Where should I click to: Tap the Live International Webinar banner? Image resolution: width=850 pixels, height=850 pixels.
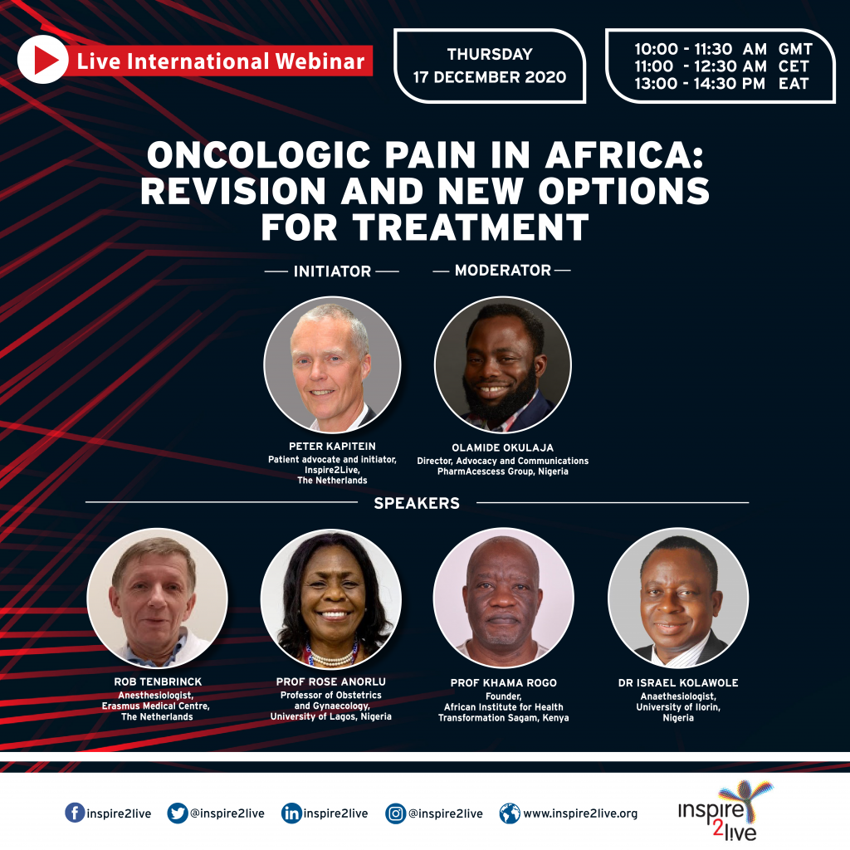click(220, 61)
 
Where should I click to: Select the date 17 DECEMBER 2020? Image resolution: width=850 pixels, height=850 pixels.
click(490, 77)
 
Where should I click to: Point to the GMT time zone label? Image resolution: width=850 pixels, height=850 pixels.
click(794, 49)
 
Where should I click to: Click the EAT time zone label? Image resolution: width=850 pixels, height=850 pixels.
click(794, 83)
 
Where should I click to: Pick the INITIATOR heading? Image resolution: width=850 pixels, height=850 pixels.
click(332, 271)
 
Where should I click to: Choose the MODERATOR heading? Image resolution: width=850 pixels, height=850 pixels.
click(503, 271)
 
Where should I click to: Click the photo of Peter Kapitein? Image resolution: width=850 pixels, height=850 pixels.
click(332, 365)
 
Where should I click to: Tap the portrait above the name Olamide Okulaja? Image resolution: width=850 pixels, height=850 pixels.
click(503, 365)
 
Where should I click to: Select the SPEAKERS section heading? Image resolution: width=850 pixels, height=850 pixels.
click(417, 503)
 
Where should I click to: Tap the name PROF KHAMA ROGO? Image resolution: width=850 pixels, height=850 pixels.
click(504, 683)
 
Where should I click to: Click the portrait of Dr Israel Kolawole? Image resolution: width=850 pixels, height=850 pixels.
click(678, 598)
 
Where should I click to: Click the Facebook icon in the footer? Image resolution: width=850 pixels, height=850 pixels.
click(75, 813)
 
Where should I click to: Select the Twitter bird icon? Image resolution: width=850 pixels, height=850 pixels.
click(177, 813)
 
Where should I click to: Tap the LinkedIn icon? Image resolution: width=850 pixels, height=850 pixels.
click(291, 813)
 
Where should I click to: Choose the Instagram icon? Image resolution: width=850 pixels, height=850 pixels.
click(395, 813)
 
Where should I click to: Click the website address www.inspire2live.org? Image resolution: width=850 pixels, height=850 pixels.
click(580, 814)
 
